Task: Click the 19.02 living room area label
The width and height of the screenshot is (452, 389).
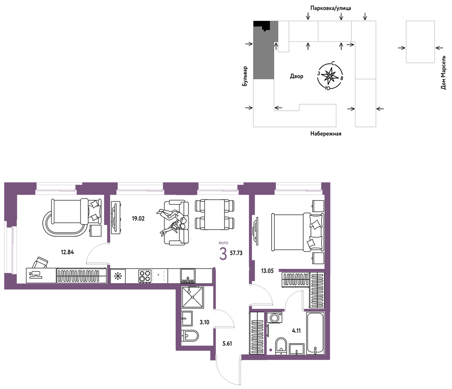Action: (138, 218)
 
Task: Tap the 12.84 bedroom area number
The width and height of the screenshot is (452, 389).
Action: (67, 252)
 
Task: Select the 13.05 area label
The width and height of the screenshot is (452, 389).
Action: (267, 271)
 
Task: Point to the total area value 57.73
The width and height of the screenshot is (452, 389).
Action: (236, 253)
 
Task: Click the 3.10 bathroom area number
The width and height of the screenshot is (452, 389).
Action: (205, 322)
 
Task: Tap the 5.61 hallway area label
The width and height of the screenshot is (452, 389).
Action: (227, 344)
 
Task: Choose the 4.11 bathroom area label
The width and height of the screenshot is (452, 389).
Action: (296, 331)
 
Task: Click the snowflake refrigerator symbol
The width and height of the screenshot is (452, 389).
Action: (118, 276)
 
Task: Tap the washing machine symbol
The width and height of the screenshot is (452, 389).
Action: (275, 317)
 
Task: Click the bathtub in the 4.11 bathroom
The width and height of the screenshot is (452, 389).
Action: (315, 333)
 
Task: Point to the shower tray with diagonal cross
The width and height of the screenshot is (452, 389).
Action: (192, 297)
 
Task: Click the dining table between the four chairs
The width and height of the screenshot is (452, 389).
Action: (215, 215)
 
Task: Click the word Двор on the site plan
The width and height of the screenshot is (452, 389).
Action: (296, 76)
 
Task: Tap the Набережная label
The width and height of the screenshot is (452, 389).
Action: (326, 133)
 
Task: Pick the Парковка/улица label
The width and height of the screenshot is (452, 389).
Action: (331, 8)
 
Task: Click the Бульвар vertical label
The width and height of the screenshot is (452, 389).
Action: (245, 76)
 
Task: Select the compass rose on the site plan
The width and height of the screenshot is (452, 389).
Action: (330, 76)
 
